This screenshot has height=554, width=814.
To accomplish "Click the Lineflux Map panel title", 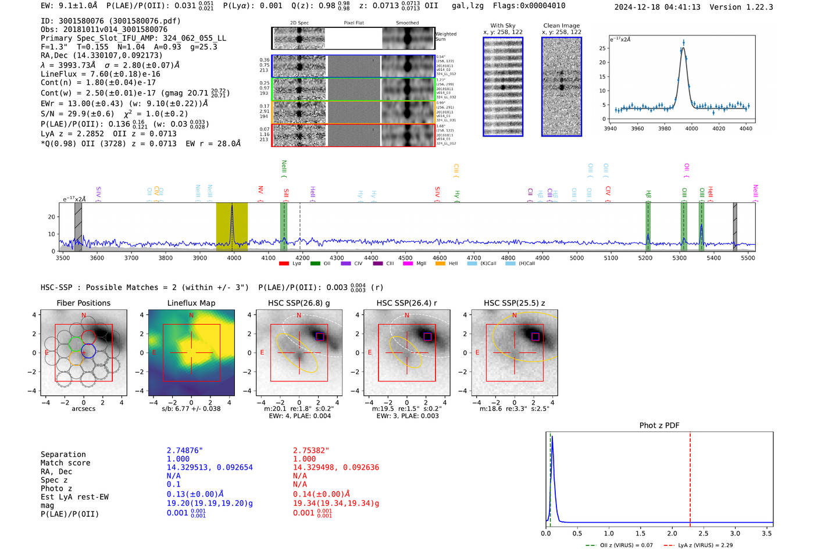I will (x=191, y=303).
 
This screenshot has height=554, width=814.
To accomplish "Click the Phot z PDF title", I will (x=659, y=425).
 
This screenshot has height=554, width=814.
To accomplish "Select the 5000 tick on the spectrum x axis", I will (x=576, y=258).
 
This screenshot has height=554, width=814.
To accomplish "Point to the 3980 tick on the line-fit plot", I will (x=664, y=128).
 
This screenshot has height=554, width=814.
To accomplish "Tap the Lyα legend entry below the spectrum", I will (x=290, y=263).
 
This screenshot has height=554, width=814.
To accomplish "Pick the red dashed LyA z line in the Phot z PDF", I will (x=690, y=477).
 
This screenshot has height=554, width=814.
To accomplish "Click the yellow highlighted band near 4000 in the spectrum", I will (x=232, y=227).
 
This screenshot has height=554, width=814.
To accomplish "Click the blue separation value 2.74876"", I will (x=184, y=451).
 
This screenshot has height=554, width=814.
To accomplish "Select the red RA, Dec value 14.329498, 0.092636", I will (x=335, y=467).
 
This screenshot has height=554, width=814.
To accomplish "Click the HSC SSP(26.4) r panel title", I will (x=406, y=303).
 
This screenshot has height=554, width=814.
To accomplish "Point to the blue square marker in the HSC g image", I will (x=320, y=336).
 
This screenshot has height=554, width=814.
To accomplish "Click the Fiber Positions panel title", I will (x=83, y=303).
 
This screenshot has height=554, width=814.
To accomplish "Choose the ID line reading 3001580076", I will (x=110, y=21).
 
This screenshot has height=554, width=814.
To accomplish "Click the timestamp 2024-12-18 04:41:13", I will (x=657, y=7).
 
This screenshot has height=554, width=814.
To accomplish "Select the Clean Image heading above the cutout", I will (x=561, y=26).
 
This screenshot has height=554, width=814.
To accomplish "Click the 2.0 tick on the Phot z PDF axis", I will (x=672, y=533).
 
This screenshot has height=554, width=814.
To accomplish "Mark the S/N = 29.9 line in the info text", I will (x=114, y=114).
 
